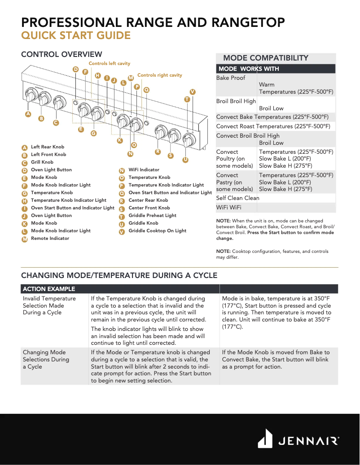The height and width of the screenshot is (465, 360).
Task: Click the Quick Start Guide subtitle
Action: (76, 36)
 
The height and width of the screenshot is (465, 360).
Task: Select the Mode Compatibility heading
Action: (265, 58)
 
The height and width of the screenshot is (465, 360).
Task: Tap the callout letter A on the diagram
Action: (28, 114)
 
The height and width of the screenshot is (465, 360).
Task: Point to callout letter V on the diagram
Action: (193, 91)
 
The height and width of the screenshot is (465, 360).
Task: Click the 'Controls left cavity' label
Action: (109, 64)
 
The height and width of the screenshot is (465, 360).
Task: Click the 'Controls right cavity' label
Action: (159, 75)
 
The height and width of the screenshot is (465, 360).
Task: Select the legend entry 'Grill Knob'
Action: (42, 162)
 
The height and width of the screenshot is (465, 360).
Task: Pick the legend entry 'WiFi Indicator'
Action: (144, 170)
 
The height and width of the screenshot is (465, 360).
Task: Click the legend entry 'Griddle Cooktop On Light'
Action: (157, 231)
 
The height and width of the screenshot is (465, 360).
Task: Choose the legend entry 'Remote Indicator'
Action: (50, 239)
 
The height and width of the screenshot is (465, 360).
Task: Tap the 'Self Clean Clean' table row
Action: (238, 198)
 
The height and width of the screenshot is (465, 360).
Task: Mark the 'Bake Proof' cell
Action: (231, 78)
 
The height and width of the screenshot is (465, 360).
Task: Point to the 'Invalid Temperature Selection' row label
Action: (49, 305)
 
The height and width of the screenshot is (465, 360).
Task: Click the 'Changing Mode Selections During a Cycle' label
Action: (46, 359)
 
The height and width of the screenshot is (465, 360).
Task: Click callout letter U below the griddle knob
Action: (185, 160)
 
